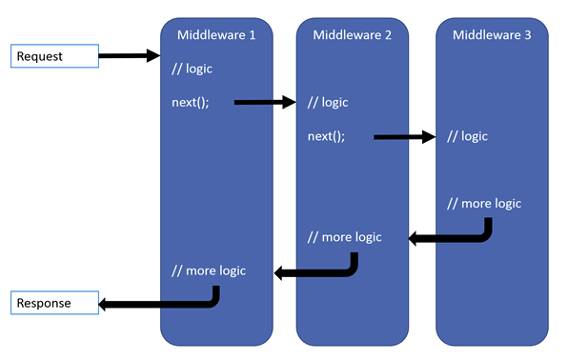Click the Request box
pyautogui.click(x=54, y=56)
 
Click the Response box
pyautogui.click(x=54, y=303)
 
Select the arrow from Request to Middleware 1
pyautogui.click(x=130, y=55)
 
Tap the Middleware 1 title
pyautogui.click(x=216, y=35)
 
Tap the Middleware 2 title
pyautogui.click(x=353, y=35)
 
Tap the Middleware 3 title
pyautogui.click(x=492, y=35)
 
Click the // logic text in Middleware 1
pyautogui.click(x=192, y=69)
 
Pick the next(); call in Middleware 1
pyautogui.click(x=191, y=103)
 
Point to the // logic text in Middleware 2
pyautogui.click(x=328, y=103)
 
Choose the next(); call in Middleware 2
pyautogui.click(x=327, y=136)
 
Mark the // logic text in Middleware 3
pyautogui.click(x=467, y=136)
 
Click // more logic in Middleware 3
pyautogui.click(x=484, y=204)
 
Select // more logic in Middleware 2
pyautogui.click(x=345, y=237)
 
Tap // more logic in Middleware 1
pyautogui.click(x=209, y=271)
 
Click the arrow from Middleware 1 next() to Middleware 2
pyautogui.click(x=265, y=102)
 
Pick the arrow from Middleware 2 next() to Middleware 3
pyautogui.click(x=405, y=137)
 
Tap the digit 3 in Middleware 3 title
pyautogui.click(x=528, y=35)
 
